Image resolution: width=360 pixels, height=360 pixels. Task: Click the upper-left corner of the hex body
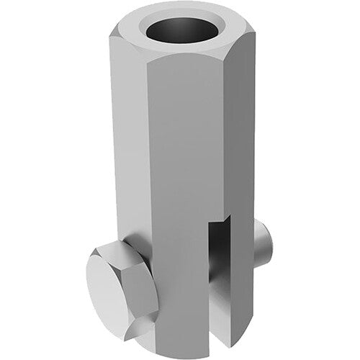115,32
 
